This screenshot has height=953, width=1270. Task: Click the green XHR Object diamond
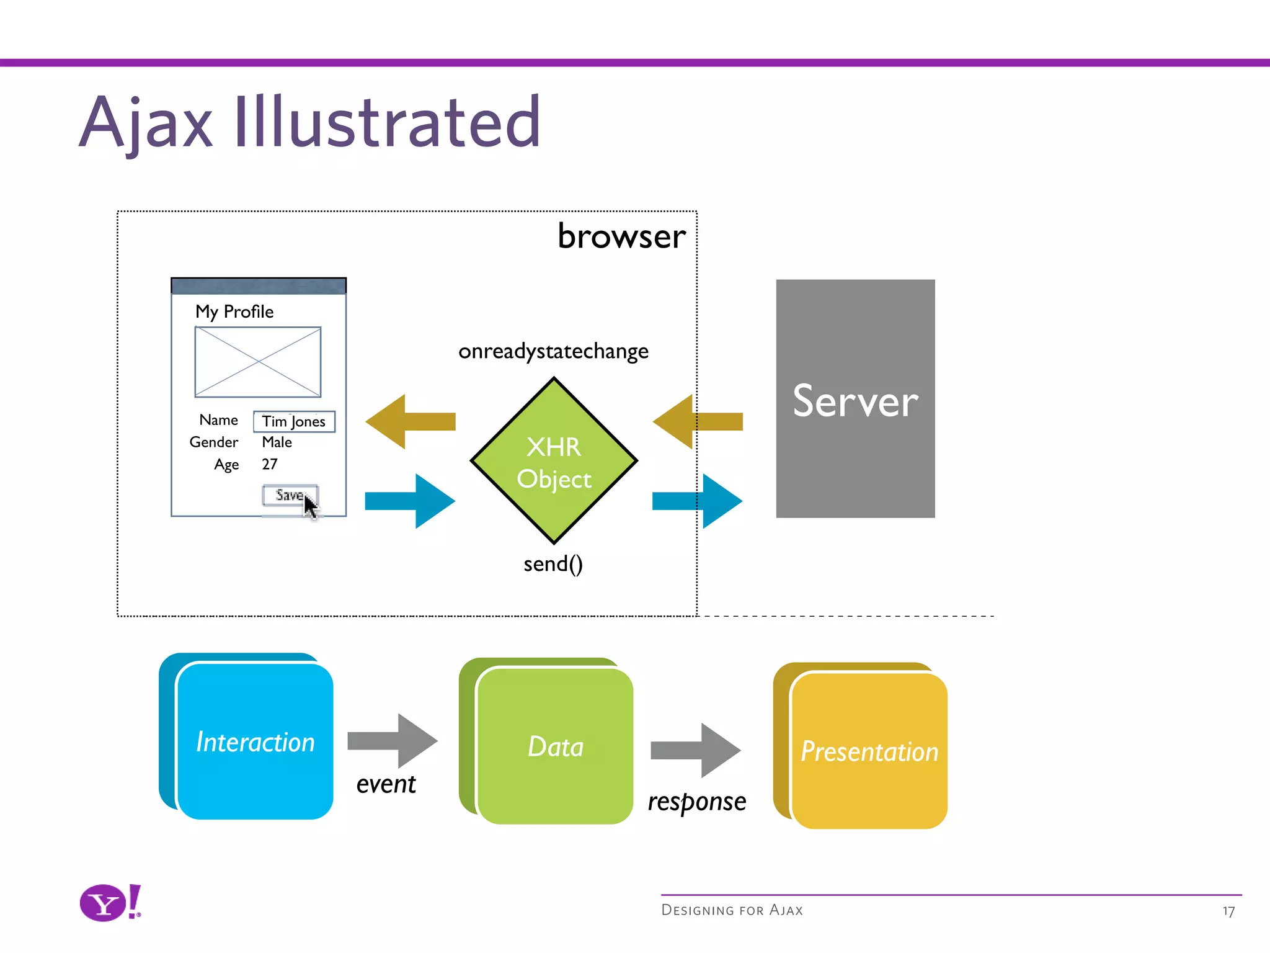point(554,461)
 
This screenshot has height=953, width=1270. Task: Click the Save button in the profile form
point(289,495)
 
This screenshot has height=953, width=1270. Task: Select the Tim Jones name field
point(294,421)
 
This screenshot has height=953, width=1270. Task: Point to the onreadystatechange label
point(553,351)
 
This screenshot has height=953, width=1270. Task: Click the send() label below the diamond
point(553,564)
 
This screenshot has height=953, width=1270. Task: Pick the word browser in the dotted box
point(621,236)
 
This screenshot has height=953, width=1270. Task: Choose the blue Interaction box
point(254,741)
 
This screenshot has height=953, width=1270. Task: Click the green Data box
point(554,746)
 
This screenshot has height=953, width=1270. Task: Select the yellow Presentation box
point(868,751)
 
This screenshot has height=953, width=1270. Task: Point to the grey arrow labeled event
point(392,740)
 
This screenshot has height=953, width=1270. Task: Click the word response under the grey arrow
point(697,802)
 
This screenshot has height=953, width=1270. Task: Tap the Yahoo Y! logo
point(110,903)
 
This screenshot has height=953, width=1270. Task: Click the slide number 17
point(1228,911)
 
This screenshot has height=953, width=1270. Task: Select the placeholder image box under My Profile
point(258,362)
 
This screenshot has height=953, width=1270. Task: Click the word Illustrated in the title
point(387,122)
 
